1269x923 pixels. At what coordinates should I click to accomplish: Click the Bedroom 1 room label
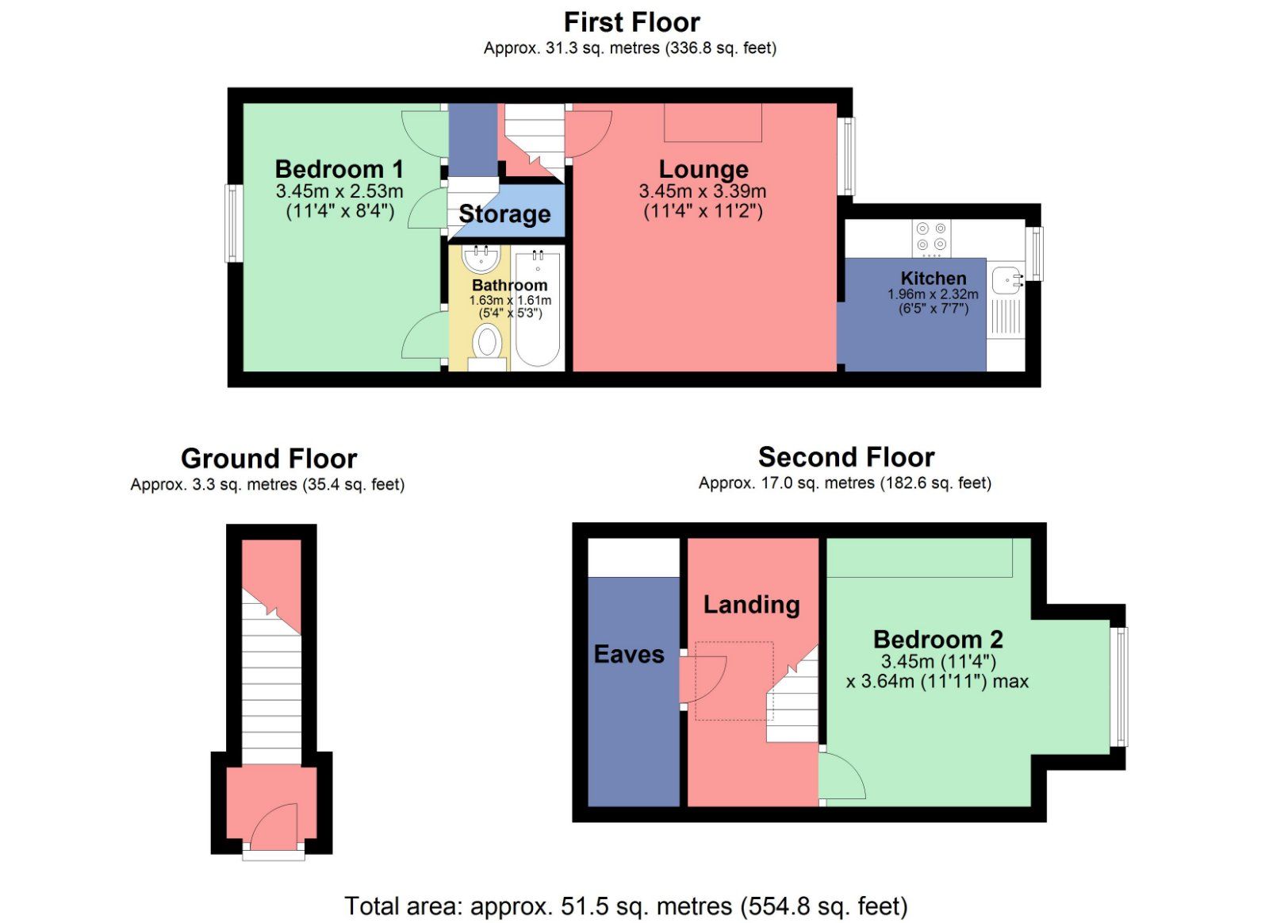tap(339, 169)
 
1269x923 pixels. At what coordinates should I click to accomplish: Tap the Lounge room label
tap(703, 170)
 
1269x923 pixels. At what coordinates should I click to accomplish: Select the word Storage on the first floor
tap(504, 214)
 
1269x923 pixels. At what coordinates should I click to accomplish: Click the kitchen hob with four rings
tap(931, 239)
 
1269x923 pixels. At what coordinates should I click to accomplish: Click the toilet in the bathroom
tap(487, 346)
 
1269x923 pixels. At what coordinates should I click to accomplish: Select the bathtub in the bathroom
tap(538, 309)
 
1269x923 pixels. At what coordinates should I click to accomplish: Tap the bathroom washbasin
tap(481, 259)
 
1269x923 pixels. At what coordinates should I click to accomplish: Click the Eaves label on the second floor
tap(629, 655)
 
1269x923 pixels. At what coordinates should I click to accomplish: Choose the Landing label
tap(752, 605)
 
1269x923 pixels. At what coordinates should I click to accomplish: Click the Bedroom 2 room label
tap(938, 640)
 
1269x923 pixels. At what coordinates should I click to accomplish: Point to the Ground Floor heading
tap(269, 459)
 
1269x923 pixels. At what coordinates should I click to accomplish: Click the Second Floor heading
tap(845, 457)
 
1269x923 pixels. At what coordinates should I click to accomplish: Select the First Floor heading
tap(631, 23)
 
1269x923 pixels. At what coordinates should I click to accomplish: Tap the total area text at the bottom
tap(626, 906)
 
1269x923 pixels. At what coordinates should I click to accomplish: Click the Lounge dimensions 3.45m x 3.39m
tap(703, 191)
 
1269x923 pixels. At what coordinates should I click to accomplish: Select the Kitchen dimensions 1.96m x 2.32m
tap(933, 294)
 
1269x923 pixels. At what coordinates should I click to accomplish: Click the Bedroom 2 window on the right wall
tap(1119, 686)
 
